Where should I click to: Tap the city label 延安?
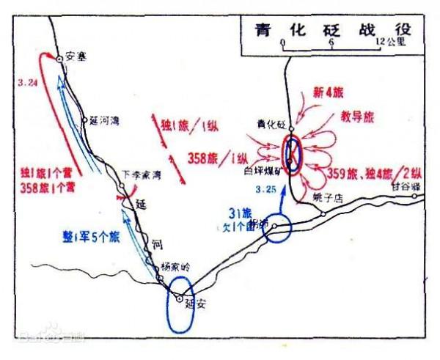196,301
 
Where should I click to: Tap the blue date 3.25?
265,190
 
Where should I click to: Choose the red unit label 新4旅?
326,92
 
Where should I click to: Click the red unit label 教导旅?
357,116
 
